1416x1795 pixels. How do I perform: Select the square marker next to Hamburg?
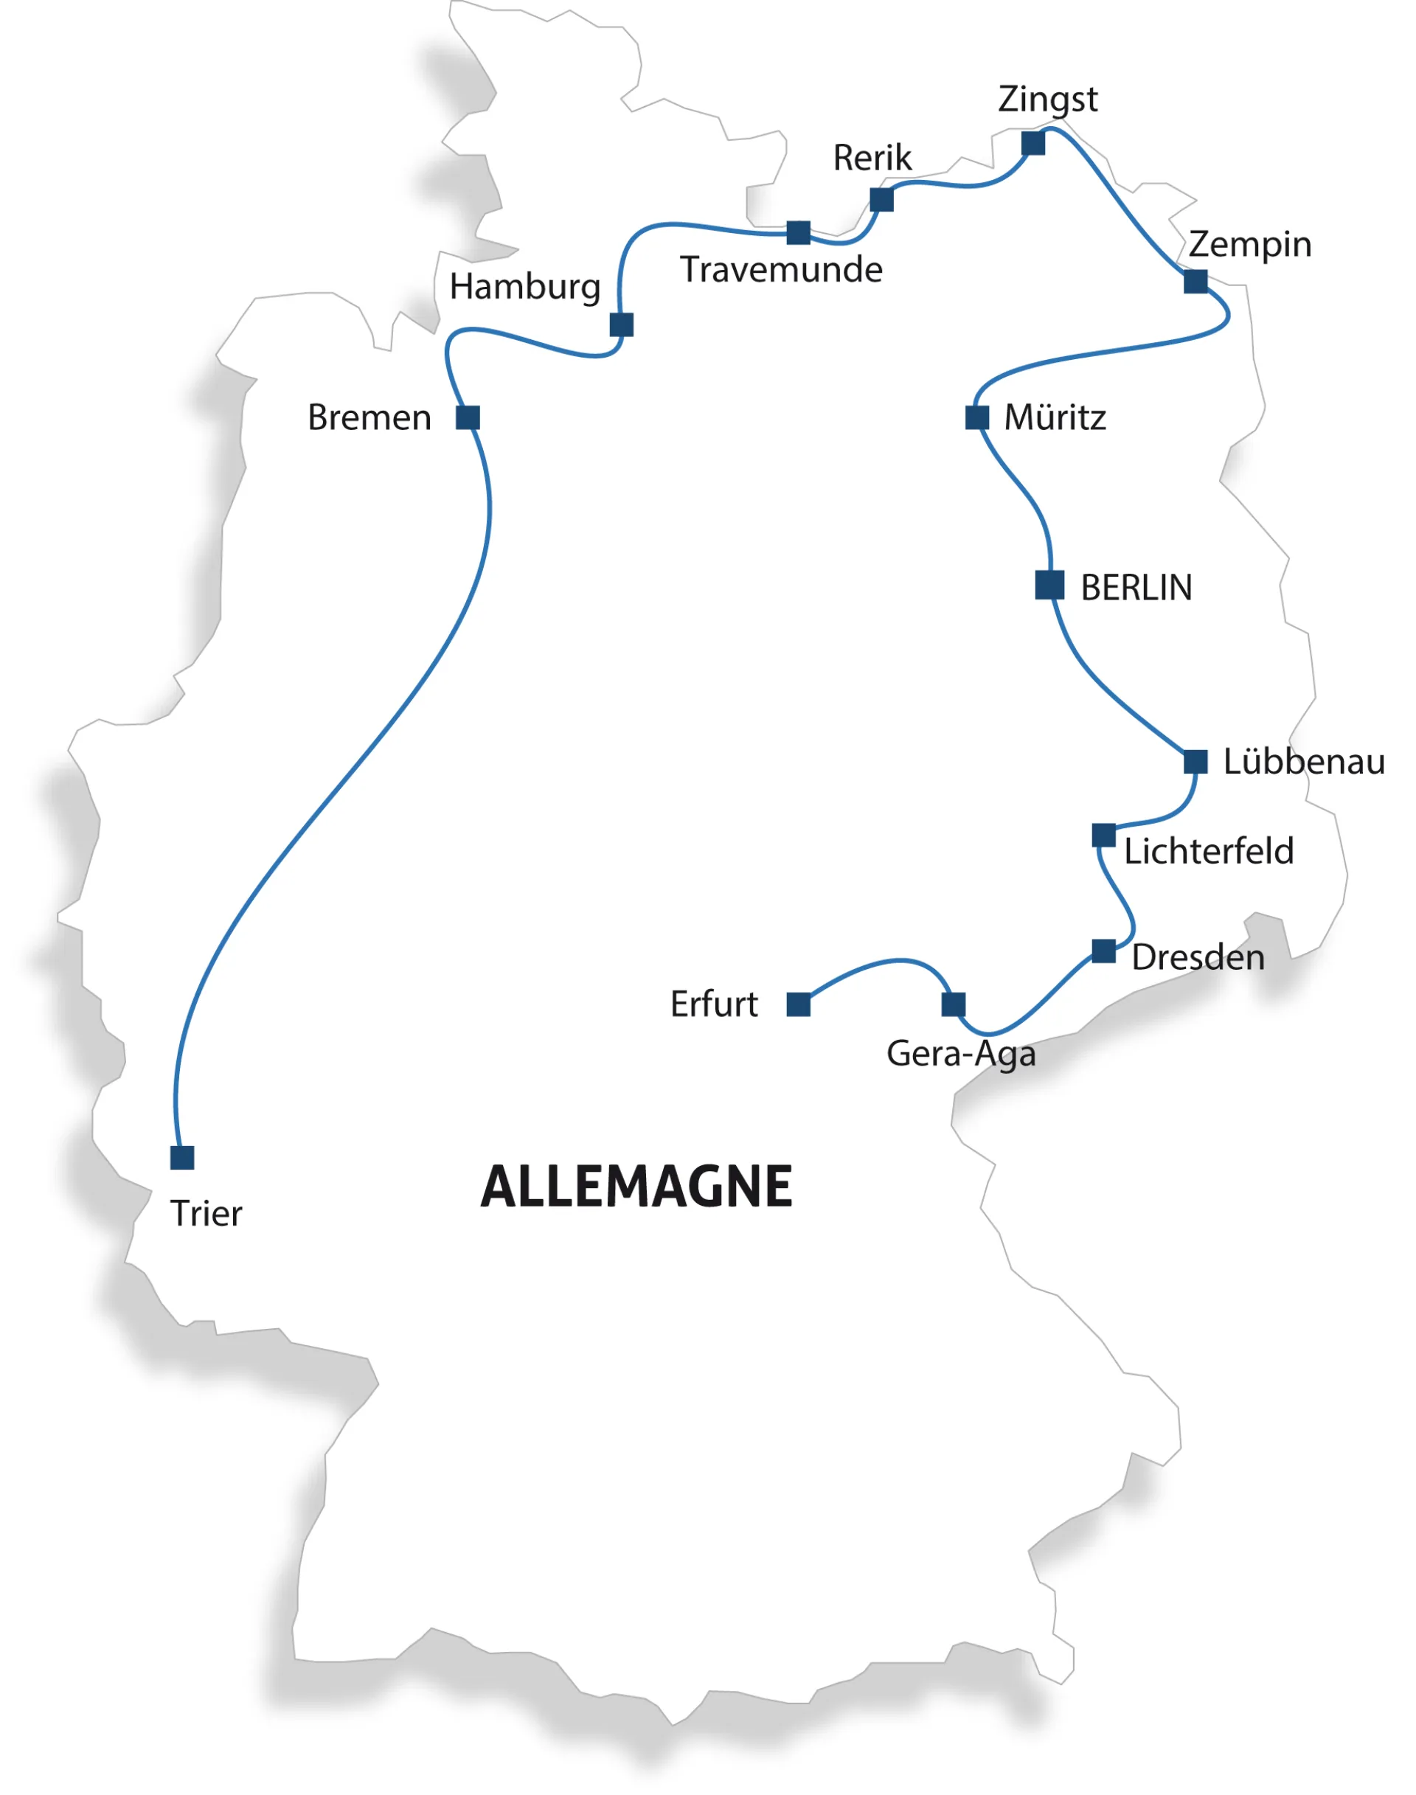[x=621, y=324]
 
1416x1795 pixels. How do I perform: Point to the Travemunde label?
[x=780, y=269]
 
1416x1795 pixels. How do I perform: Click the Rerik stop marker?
[x=881, y=200]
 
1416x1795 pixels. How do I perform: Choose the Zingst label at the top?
[x=1047, y=100]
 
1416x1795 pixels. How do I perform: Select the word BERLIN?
[x=1136, y=587]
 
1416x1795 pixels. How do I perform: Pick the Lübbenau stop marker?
[x=1195, y=761]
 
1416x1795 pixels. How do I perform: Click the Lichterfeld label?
[x=1208, y=850]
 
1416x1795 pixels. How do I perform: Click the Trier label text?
[x=206, y=1213]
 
